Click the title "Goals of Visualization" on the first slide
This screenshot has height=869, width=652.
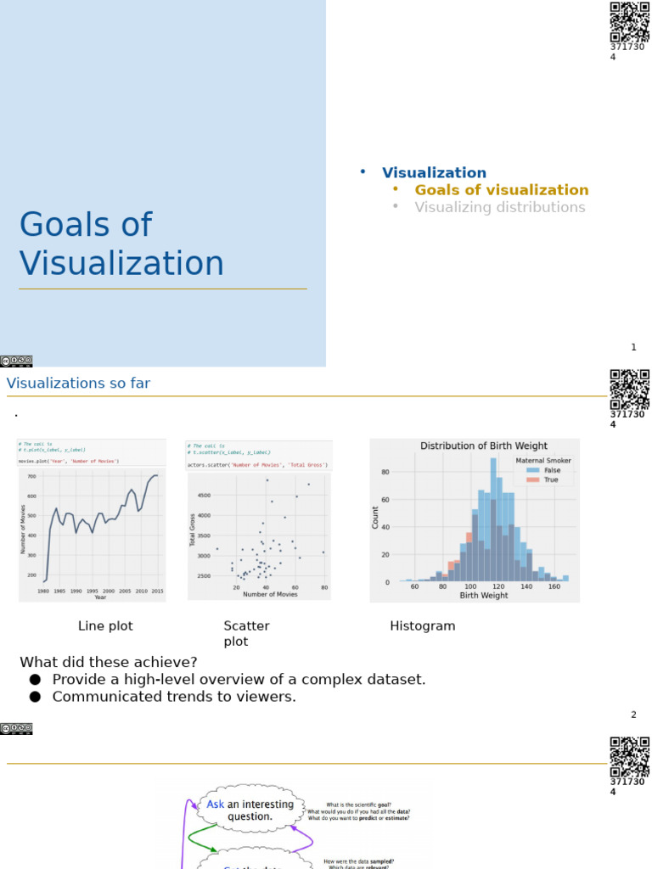[x=121, y=244]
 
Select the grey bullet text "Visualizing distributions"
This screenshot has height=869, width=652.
[x=499, y=207]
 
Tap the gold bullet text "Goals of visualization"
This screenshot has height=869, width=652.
[x=501, y=190]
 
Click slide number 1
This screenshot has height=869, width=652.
[x=633, y=347]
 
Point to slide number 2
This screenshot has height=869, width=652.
[x=633, y=715]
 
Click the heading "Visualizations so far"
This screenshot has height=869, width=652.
[x=78, y=384]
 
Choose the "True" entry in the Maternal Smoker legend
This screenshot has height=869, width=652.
[x=551, y=479]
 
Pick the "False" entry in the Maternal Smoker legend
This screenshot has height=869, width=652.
[x=552, y=469]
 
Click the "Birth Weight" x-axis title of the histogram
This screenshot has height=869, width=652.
[x=483, y=596]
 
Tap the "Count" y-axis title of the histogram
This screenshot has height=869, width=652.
[x=375, y=518]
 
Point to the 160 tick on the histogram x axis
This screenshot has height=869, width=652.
[x=554, y=586]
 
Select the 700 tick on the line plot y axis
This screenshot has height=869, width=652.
[x=31, y=477]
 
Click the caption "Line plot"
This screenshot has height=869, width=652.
[x=105, y=626]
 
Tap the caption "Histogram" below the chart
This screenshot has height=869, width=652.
[x=422, y=626]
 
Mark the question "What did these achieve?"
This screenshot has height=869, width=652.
[x=109, y=662]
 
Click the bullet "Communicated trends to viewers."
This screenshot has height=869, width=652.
[x=174, y=697]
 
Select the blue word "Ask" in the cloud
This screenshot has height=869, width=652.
[x=216, y=804]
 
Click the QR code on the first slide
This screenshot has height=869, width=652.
[x=629, y=21]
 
